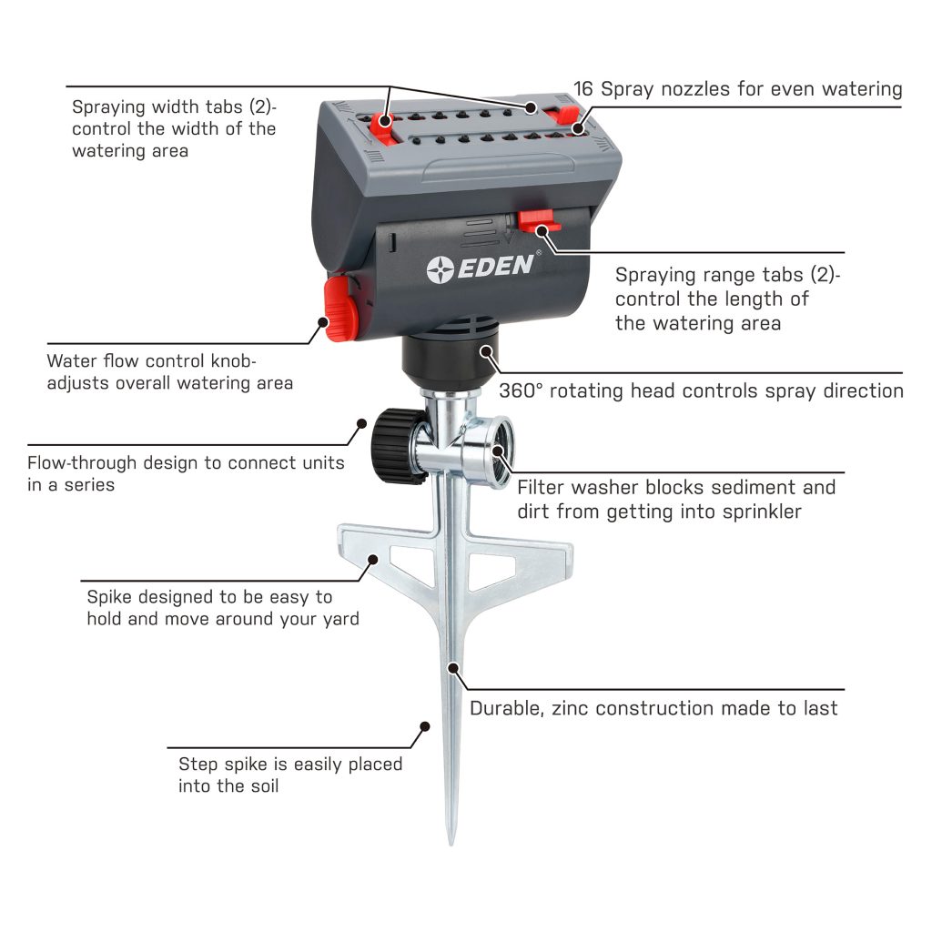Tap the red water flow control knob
coord(338,309)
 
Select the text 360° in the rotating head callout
coord(522,390)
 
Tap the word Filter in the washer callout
coord(546,487)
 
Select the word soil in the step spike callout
coord(258,785)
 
